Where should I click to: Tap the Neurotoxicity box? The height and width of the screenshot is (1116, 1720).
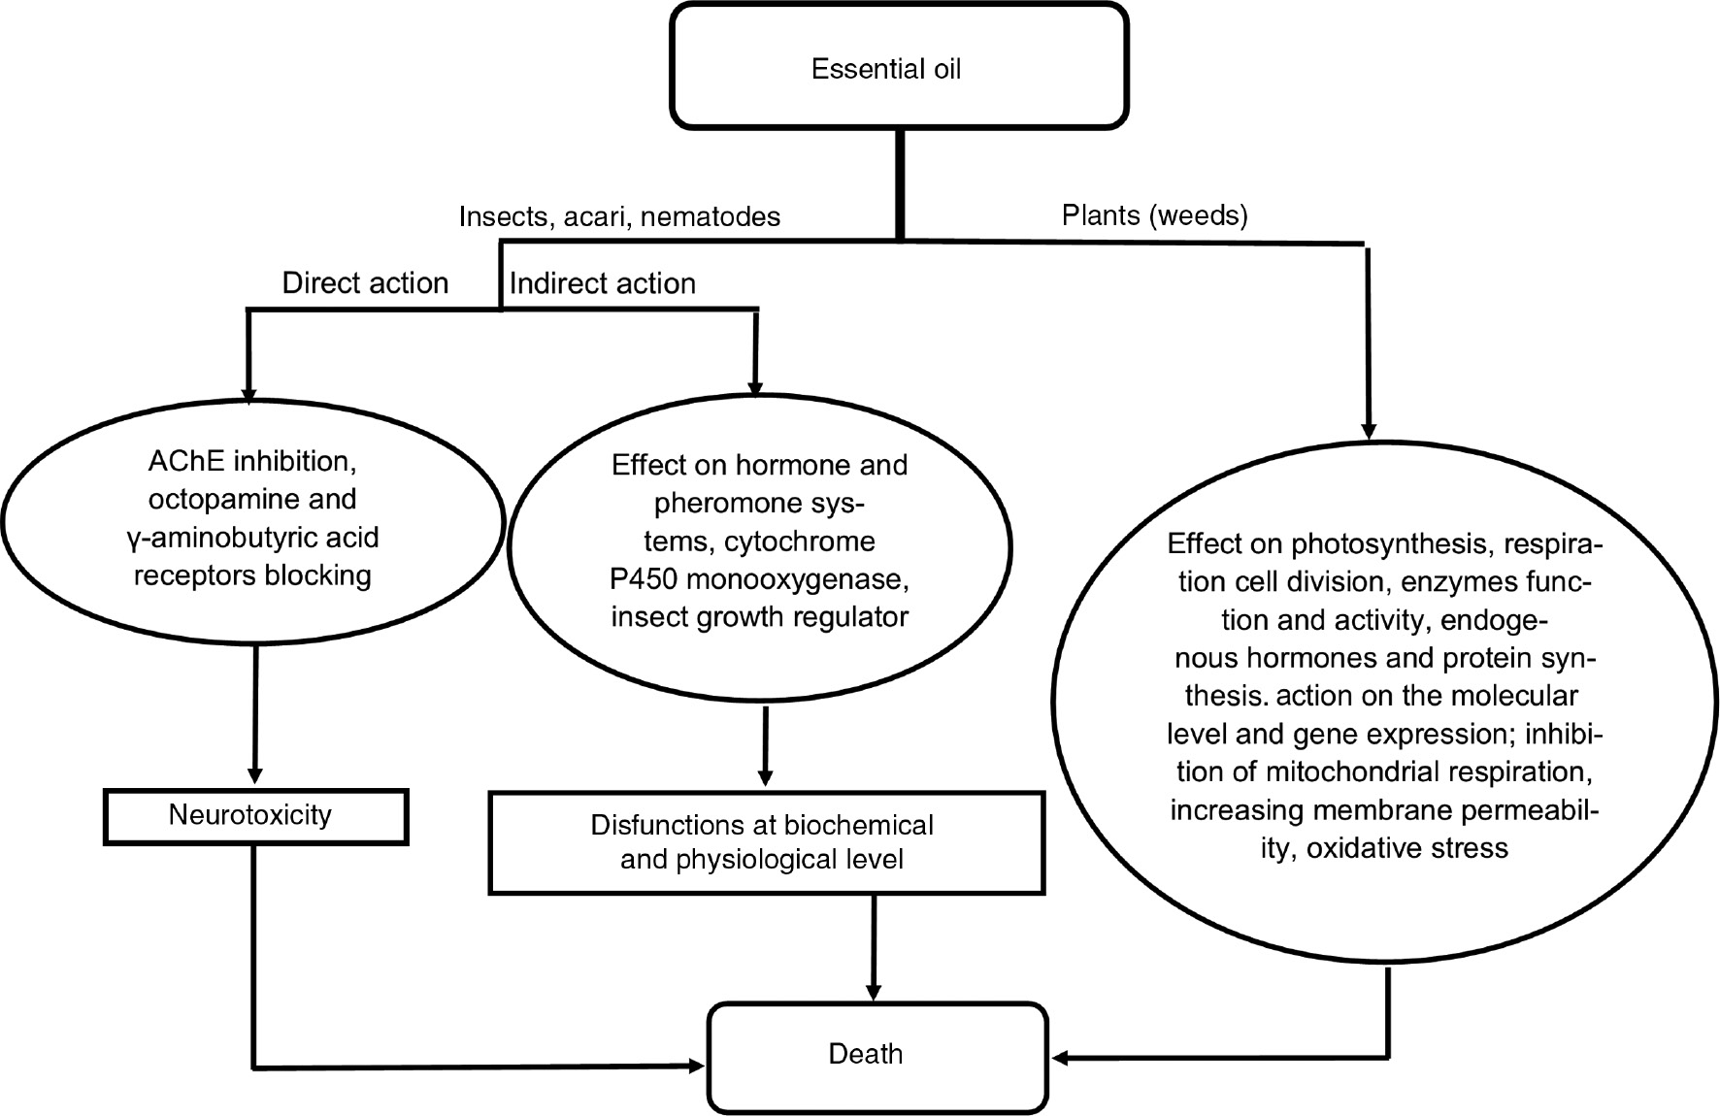254,816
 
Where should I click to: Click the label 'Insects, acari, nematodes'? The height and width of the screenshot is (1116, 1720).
619,216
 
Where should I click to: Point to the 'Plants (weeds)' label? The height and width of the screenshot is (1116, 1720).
1154,214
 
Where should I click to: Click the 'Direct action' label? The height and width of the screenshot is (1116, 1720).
365,283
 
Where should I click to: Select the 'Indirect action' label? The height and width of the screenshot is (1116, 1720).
602,283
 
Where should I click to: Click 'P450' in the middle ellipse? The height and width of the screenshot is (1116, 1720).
645,579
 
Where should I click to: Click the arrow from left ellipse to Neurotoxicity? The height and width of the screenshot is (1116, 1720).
255,713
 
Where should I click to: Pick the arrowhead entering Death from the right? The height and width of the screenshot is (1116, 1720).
1060,1058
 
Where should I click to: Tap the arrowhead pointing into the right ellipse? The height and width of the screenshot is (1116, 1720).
1369,431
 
